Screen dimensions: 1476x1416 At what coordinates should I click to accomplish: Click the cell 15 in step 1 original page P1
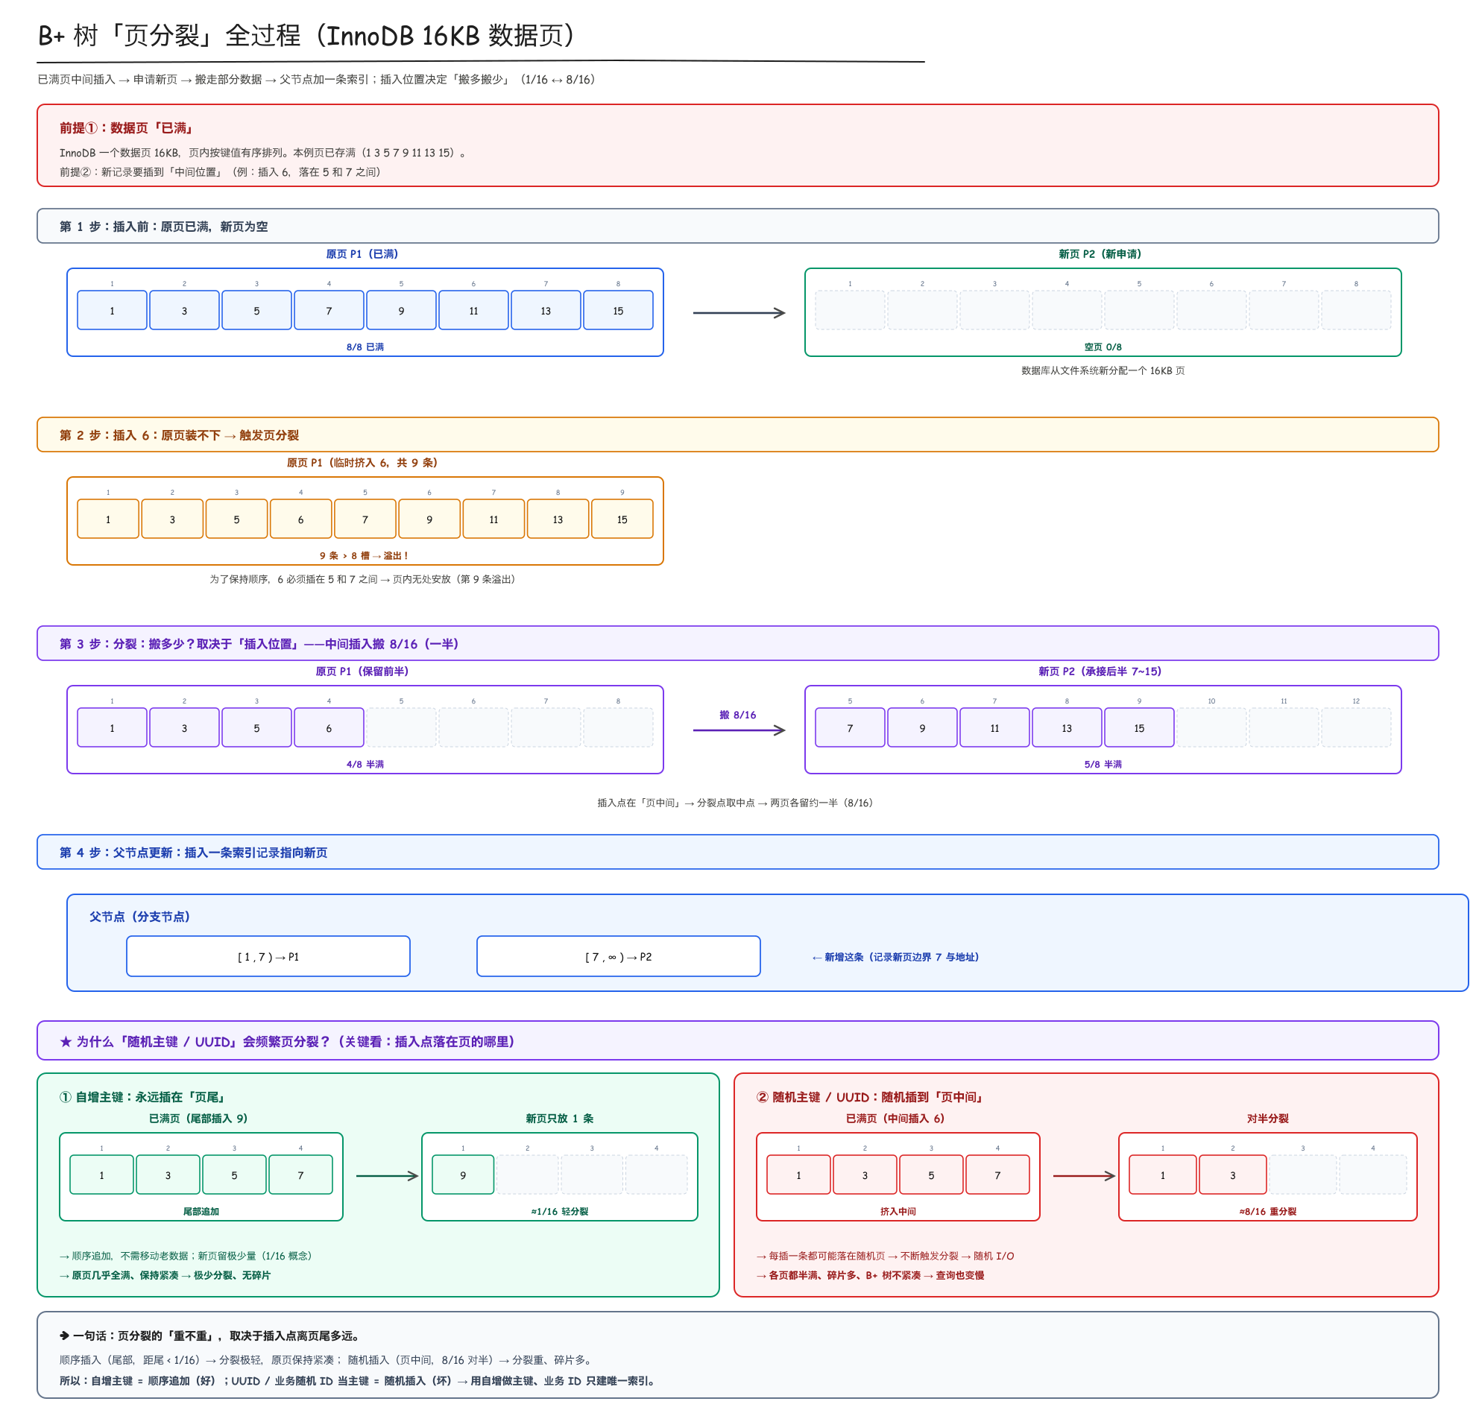[x=617, y=310]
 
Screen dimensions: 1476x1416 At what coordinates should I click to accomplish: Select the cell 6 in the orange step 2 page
[x=300, y=519]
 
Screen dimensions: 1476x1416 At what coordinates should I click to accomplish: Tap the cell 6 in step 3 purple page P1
[x=328, y=727]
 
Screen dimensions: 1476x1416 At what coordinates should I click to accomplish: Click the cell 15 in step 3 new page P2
[x=1138, y=727]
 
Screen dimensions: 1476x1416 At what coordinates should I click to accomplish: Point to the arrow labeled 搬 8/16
[x=739, y=730]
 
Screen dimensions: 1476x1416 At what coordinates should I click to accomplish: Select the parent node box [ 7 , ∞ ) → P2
[x=618, y=956]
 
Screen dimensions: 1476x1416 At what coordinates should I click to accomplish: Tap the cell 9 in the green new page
[x=463, y=1175]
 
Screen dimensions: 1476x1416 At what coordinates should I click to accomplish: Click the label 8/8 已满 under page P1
[x=365, y=347]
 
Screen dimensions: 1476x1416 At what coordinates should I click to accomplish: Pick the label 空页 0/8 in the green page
[x=1103, y=347]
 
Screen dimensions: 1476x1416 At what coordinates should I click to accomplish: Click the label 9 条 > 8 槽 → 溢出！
[x=365, y=554]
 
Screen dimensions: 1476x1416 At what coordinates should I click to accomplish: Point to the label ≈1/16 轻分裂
[x=560, y=1210]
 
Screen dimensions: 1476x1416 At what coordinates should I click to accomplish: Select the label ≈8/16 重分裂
[x=1267, y=1210]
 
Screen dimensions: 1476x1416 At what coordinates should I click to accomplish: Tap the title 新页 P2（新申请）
[x=1100, y=253]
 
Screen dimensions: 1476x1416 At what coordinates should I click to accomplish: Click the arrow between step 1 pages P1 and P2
[x=739, y=312]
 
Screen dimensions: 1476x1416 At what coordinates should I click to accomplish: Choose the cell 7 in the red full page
[x=997, y=1175]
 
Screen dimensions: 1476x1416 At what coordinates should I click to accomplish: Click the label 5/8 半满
[x=1103, y=763]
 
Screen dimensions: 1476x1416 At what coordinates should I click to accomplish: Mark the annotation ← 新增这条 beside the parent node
[x=895, y=956]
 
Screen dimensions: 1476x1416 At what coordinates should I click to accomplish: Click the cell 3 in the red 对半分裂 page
[x=1232, y=1175]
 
